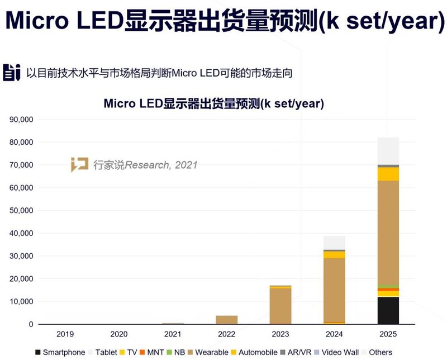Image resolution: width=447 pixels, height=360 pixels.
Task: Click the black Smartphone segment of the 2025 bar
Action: (x=388, y=311)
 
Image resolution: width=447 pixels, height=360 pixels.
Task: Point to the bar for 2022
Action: (x=226, y=320)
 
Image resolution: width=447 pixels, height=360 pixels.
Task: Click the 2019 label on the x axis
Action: (x=65, y=334)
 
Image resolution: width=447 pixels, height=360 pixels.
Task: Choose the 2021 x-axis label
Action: (x=173, y=334)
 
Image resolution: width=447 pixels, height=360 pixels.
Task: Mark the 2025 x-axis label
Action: (x=388, y=334)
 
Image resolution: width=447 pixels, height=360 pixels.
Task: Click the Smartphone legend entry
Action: (x=60, y=353)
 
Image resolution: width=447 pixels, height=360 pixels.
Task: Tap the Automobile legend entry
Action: (x=254, y=353)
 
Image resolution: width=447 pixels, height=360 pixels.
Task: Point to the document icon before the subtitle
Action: (x=11, y=73)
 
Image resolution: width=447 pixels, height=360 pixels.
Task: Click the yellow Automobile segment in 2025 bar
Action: (x=388, y=174)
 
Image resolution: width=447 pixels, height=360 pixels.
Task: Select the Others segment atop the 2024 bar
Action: (x=334, y=243)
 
